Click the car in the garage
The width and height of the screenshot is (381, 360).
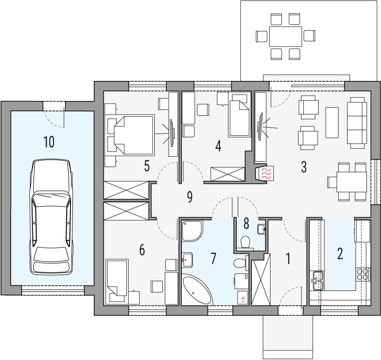coord(51,217)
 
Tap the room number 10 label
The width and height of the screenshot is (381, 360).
coord(49,141)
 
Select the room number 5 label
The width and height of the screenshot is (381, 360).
coord(147,166)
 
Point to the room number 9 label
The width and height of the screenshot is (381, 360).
coord(190,197)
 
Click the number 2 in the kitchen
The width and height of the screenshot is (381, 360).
coord(340,253)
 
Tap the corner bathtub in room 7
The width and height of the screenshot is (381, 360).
coord(196,290)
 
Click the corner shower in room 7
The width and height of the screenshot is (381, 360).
coord(192,230)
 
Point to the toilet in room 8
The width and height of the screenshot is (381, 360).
coord(246,241)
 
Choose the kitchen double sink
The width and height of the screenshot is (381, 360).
coord(317,280)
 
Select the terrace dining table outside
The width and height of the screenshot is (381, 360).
coord(285,36)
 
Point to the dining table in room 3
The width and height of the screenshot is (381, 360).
coord(347,181)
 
